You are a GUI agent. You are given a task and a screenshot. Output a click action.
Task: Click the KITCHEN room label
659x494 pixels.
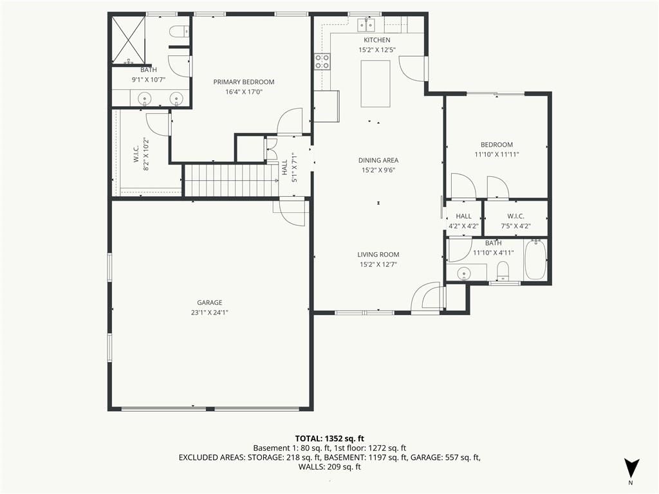click(x=376, y=40)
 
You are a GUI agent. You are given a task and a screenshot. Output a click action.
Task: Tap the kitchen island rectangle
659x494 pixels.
click(x=375, y=84)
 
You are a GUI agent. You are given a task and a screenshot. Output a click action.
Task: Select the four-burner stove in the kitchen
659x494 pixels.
click(x=322, y=61)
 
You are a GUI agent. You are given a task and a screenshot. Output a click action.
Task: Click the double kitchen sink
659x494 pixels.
click(x=366, y=25)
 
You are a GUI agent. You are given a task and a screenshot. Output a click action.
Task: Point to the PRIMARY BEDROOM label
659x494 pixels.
click(x=244, y=82)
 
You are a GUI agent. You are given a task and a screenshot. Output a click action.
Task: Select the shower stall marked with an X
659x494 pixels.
click(x=129, y=41)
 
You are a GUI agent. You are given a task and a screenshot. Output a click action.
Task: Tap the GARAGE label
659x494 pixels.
click(x=209, y=302)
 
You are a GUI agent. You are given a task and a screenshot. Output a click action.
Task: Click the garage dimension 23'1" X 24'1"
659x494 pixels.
click(x=209, y=313)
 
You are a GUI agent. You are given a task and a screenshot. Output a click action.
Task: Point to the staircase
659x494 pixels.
click(x=232, y=180)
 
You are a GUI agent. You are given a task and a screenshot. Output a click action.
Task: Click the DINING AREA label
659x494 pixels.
click(x=378, y=160)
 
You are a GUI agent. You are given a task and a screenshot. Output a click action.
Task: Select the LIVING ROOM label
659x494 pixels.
click(x=378, y=254)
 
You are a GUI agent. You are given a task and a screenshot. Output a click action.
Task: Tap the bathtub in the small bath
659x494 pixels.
click(x=535, y=259)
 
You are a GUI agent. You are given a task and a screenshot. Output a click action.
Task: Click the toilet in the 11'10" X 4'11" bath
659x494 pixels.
click(x=503, y=270)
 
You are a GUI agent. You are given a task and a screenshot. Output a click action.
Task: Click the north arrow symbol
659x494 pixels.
click(x=631, y=468)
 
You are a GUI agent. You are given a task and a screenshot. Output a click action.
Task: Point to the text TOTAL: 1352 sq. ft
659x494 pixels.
click(x=329, y=439)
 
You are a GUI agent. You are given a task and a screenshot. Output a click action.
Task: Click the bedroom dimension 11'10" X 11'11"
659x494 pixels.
click(x=497, y=154)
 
